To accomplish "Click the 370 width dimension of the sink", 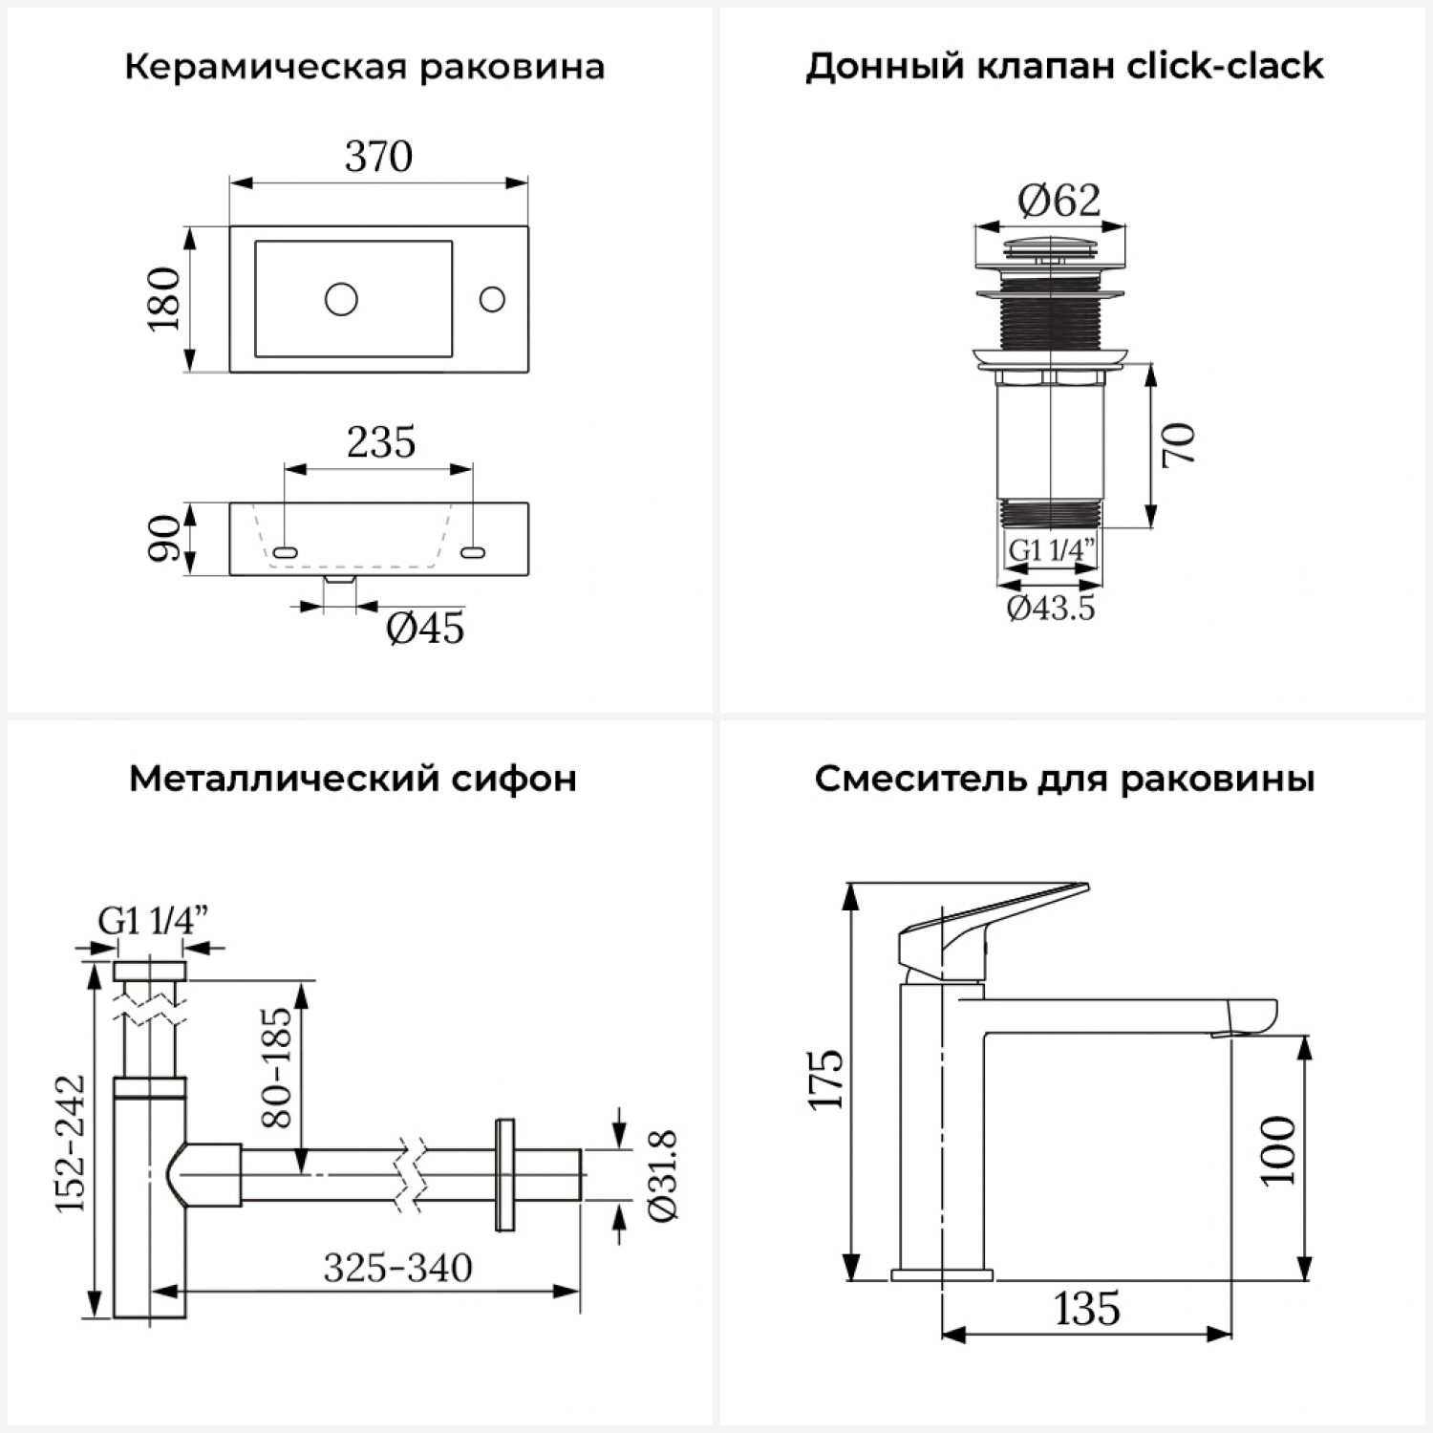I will pos(378,157).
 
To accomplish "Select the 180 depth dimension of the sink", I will pos(164,299).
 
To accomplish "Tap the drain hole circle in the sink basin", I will pos(341,299).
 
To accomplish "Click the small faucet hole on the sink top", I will pos(492,299).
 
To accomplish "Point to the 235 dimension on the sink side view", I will pos(380,443).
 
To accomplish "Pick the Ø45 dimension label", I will pos(425,629).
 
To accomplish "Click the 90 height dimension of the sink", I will pos(164,539).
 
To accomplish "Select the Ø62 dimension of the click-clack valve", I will pos(1059,200).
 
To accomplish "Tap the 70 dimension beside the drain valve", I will pos(1180,444).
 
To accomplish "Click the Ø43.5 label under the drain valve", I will pos(1051,608).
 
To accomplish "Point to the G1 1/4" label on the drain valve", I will pos(1051,551).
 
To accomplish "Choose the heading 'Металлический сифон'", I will pos(353,780).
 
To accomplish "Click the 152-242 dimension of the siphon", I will pos(71,1143).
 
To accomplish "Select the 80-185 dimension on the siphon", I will pos(277,1066).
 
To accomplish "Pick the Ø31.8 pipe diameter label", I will pos(663,1175).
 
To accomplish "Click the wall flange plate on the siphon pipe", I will pos(504,1175).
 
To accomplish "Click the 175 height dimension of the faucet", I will pos(827,1080).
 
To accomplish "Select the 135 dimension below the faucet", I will pos(1087,1309).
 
